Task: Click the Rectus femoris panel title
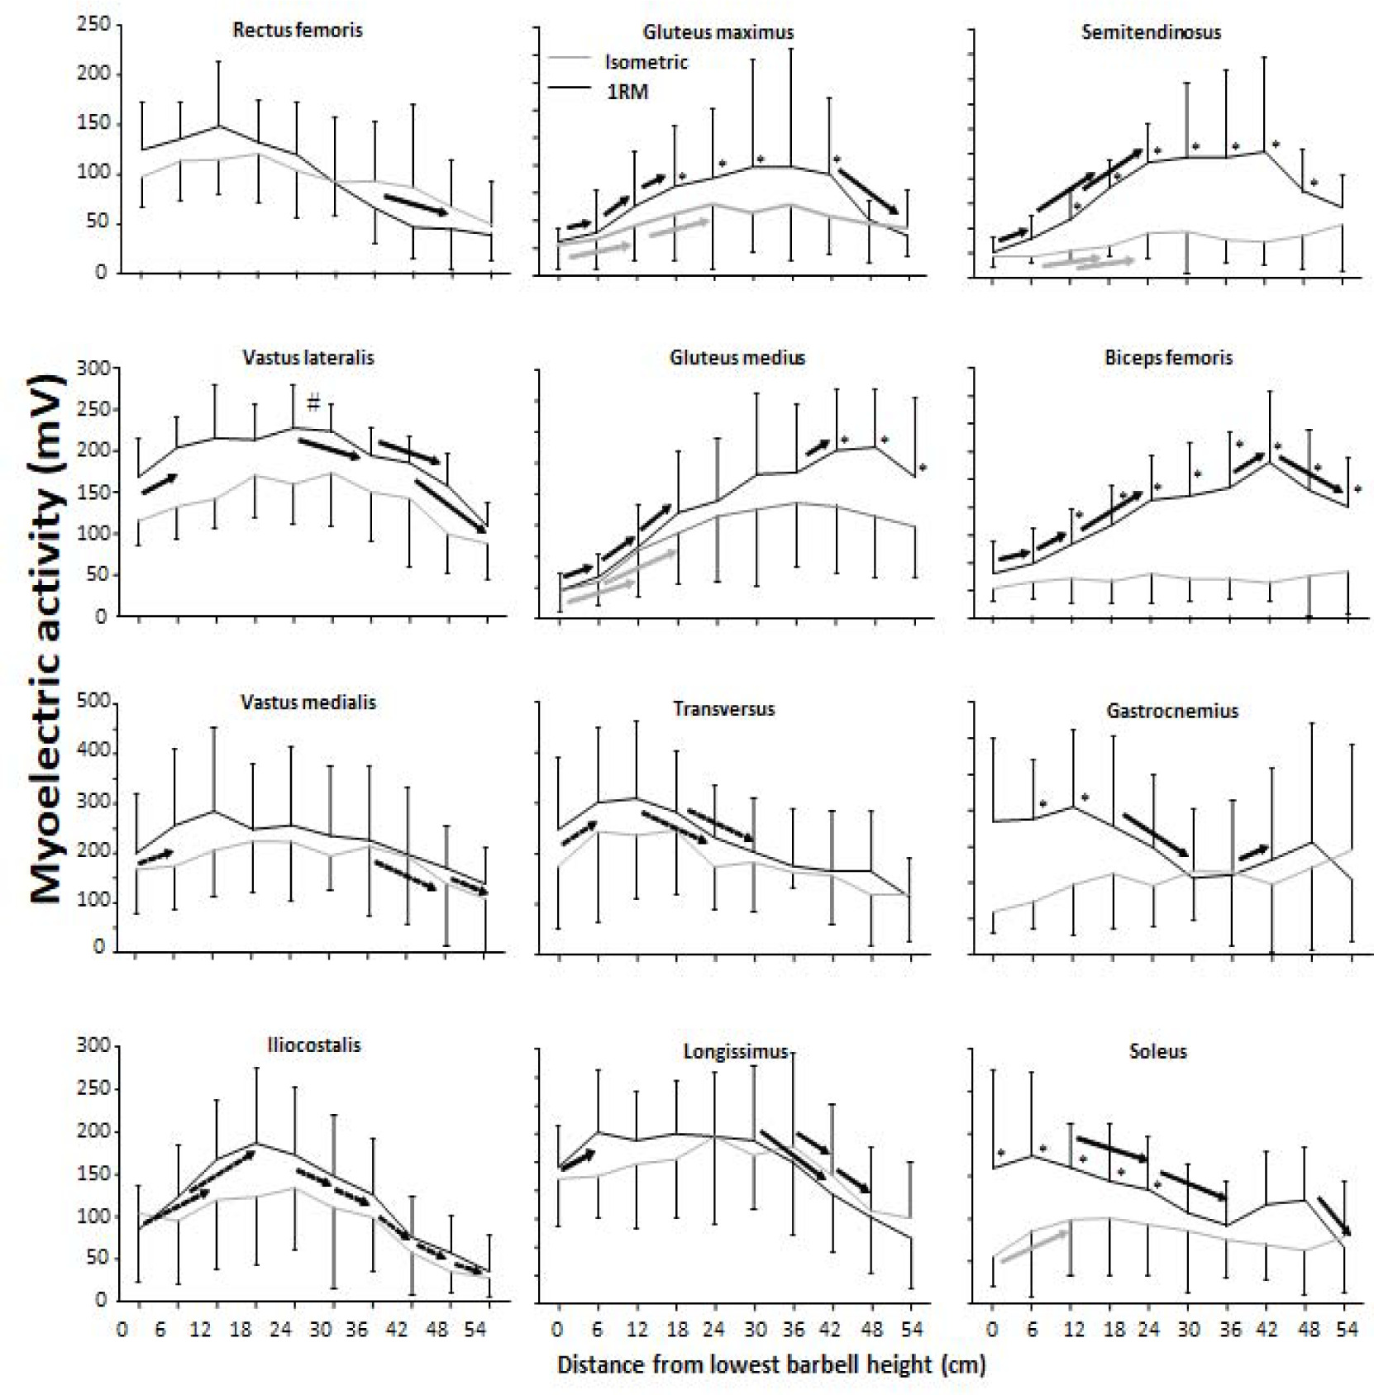298,31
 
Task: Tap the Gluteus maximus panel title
718,32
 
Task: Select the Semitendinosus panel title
1151,32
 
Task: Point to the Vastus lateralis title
308,358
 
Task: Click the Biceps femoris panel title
1168,358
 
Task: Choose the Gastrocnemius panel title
1172,711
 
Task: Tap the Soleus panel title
1157,1051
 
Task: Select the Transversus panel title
724,708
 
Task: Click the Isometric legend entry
646,62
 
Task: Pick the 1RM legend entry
627,92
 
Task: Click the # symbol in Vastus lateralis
313,404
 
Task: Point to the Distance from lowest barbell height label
770,1364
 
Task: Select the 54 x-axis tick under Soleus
1347,1330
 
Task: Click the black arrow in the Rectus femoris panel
416,205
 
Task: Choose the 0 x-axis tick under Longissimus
558,1330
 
